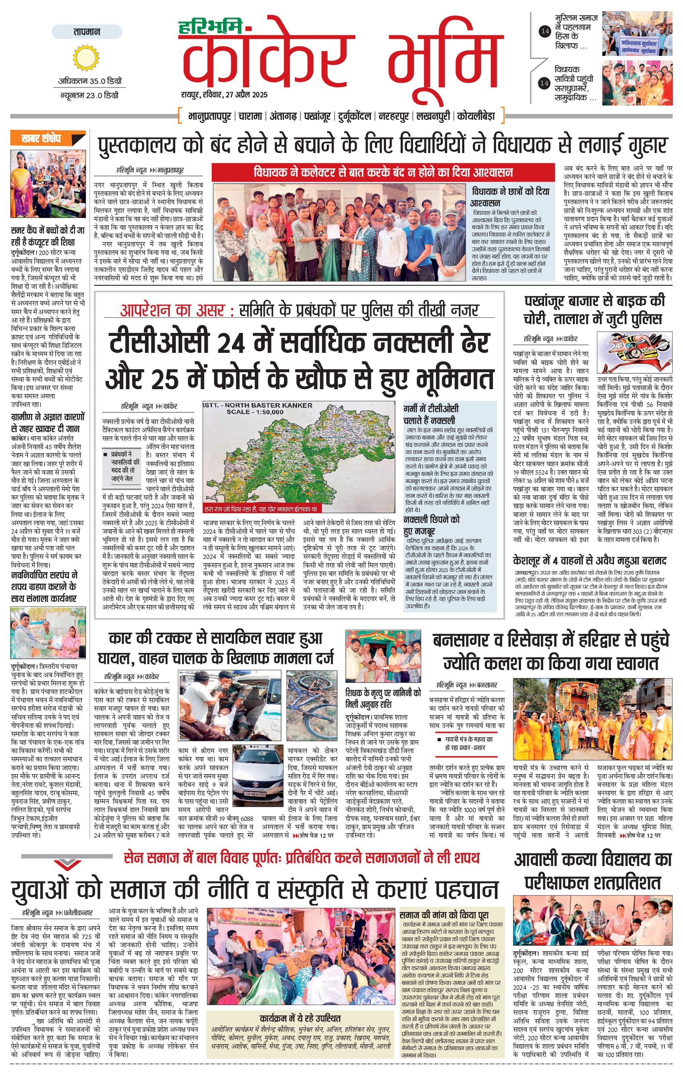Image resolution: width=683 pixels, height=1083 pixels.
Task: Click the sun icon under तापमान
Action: click(x=87, y=58)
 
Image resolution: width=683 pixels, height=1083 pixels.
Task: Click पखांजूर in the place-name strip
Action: click(x=318, y=116)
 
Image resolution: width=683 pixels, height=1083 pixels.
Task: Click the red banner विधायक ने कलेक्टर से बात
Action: click(x=383, y=172)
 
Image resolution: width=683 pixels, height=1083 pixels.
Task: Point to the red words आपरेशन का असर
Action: click(x=172, y=310)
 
